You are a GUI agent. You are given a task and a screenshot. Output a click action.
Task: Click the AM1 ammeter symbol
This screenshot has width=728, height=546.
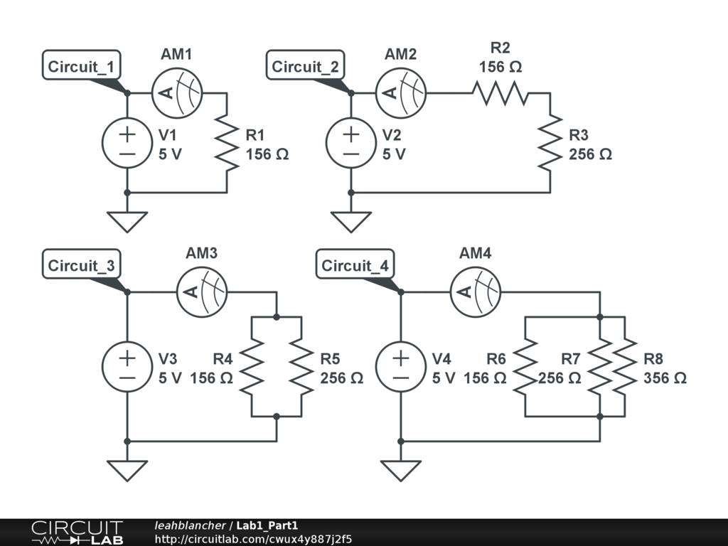[177, 92]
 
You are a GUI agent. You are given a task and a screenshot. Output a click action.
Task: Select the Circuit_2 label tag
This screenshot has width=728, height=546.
[306, 67]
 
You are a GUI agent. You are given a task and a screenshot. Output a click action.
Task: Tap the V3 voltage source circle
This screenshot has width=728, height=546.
[127, 368]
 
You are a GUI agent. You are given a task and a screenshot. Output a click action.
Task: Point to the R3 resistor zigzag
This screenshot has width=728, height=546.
[550, 144]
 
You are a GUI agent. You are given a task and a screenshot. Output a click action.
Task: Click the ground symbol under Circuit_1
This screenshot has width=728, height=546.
[127, 220]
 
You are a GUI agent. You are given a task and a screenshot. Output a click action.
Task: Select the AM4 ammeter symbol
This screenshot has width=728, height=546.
[476, 291]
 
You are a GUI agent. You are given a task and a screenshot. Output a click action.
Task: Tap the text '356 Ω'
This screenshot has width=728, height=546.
[665, 378]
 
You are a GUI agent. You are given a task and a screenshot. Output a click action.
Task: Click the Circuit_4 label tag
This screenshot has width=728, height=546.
[355, 266]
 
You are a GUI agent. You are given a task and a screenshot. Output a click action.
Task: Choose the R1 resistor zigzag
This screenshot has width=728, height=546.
[227, 144]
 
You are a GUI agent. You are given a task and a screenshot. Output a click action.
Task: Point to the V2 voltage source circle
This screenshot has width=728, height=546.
[350, 143]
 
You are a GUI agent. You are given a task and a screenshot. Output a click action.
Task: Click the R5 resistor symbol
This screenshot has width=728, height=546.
[302, 367]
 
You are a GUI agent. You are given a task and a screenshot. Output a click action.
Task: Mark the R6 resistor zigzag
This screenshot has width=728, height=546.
[525, 367]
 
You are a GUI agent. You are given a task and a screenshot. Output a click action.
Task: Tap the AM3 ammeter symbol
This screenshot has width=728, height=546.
[201, 291]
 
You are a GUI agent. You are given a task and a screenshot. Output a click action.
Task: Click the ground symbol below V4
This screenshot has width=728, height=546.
[400, 469]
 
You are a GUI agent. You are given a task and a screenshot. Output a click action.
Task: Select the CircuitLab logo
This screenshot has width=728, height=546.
[76, 532]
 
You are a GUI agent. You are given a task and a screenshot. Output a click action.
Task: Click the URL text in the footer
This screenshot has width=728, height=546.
[253, 539]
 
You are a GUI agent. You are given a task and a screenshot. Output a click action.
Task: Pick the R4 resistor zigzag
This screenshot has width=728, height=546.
[252, 367]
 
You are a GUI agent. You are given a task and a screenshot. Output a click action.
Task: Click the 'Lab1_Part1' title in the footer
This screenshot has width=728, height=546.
[267, 525]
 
